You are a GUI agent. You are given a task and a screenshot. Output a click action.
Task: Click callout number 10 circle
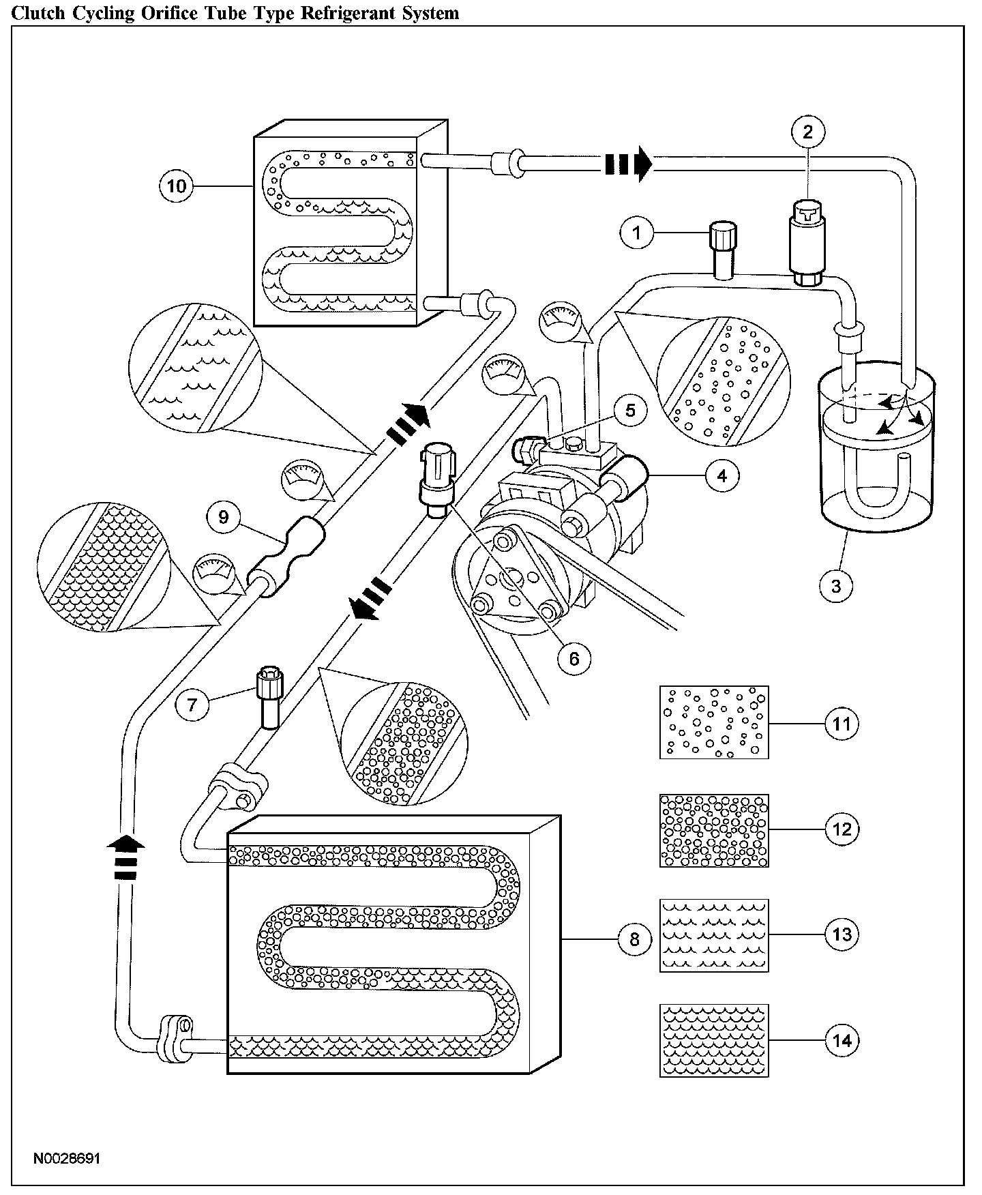(177, 186)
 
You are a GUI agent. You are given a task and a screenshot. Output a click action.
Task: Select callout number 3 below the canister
(837, 585)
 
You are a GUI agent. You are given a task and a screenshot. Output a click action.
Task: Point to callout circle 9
(224, 517)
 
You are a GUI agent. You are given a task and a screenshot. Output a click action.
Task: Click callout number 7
(192, 704)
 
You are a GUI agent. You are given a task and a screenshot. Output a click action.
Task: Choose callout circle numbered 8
(635, 939)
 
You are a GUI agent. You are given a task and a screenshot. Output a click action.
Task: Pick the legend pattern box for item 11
(714, 722)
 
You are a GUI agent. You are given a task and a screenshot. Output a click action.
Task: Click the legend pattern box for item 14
(714, 1040)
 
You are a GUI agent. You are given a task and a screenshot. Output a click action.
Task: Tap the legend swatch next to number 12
(714, 830)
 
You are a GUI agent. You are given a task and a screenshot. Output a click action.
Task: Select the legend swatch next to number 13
(714, 934)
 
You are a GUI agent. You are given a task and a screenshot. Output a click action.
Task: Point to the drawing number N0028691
(66, 1159)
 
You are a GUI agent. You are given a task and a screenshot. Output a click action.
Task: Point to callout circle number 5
(629, 410)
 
